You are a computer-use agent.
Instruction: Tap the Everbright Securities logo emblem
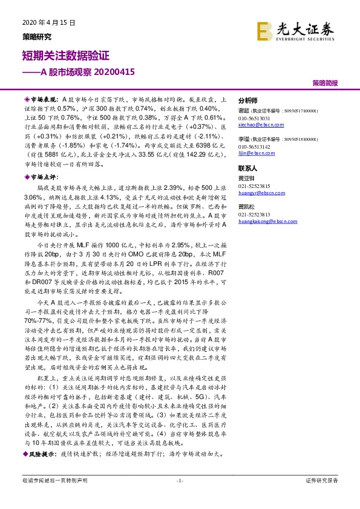tap(264, 31)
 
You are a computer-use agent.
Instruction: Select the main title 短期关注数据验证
tap(65, 56)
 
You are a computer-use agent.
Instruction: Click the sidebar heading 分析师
tap(248, 101)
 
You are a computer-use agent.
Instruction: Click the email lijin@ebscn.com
tap(253, 154)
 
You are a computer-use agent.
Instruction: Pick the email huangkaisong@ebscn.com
tap(263, 221)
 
